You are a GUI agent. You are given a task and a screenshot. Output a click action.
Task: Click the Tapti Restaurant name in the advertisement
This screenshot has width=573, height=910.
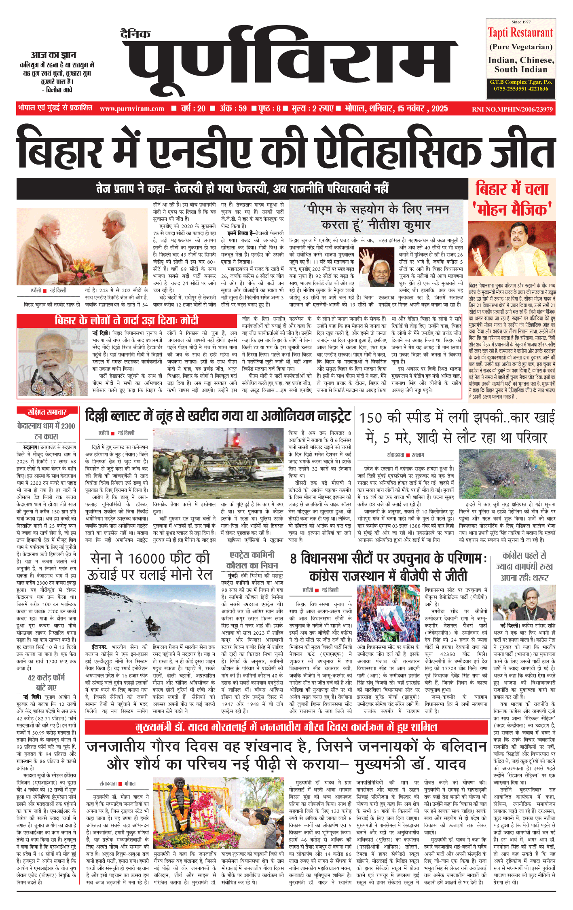(x=520, y=32)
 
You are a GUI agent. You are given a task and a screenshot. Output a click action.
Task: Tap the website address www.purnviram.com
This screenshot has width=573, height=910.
(x=132, y=109)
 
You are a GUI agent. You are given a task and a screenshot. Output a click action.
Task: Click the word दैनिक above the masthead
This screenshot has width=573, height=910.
(x=135, y=34)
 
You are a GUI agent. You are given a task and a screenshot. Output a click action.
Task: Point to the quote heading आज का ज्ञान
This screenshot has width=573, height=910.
(x=53, y=55)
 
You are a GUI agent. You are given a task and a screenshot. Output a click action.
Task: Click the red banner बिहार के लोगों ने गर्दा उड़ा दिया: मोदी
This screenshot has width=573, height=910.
(x=127, y=320)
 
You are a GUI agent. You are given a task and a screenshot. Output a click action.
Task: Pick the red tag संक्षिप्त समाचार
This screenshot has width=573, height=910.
(x=47, y=412)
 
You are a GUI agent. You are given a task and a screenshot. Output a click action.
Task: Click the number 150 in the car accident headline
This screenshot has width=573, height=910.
(x=371, y=418)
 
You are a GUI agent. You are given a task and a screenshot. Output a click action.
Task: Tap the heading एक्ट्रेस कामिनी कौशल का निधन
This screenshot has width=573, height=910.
(x=252, y=560)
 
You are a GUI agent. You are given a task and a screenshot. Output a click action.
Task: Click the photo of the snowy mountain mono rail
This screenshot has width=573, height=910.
(x=150, y=612)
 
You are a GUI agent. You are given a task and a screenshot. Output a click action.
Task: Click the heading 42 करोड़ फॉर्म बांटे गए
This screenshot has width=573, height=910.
(x=46, y=682)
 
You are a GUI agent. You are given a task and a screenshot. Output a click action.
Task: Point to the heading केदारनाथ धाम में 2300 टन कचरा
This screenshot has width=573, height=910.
(x=46, y=431)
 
